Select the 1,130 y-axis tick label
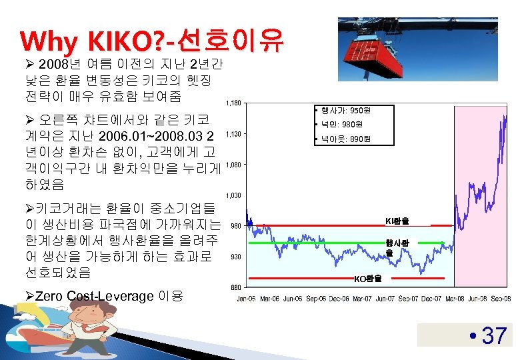coord(234,134)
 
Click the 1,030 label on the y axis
coord(234,195)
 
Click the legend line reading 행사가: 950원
coord(340,110)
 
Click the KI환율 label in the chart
coord(397,221)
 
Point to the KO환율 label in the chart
coord(368,279)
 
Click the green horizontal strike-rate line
coord(307,244)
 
